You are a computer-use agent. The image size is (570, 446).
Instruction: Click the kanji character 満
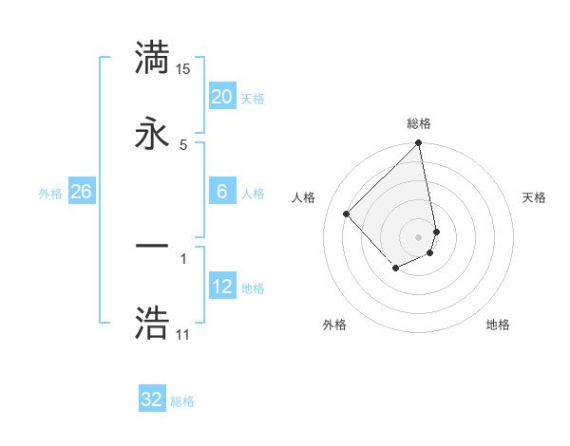pyautogui.click(x=154, y=59)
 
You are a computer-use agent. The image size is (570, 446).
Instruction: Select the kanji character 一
pyautogui.click(x=154, y=248)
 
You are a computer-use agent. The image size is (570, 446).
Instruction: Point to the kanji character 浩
pyautogui.click(x=154, y=323)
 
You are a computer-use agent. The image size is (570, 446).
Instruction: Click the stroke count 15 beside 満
pyautogui.click(x=183, y=69)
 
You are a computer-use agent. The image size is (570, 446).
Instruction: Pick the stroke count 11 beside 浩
pyautogui.click(x=183, y=335)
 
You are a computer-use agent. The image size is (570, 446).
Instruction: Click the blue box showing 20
pyautogui.click(x=221, y=96)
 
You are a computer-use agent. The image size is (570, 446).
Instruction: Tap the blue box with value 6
pyautogui.click(x=221, y=192)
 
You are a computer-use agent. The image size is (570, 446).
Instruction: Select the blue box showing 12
pyautogui.click(x=221, y=287)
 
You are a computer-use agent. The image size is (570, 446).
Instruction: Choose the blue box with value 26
pyautogui.click(x=81, y=192)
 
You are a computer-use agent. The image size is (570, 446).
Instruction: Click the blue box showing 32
pyautogui.click(x=152, y=400)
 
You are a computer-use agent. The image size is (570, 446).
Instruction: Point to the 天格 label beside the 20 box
pyautogui.click(x=253, y=98)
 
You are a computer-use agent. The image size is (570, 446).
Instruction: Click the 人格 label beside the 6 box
pyautogui.click(x=253, y=194)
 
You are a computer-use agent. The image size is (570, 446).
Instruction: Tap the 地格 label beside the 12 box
pyautogui.click(x=253, y=288)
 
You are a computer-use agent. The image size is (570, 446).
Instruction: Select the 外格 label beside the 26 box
pyautogui.click(x=50, y=194)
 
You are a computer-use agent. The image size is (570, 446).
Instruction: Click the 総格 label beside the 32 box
pyautogui.click(x=182, y=401)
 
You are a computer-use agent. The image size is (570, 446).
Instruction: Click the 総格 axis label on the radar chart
pyautogui.click(x=419, y=123)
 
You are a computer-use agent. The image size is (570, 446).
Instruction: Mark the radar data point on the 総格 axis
pyautogui.click(x=419, y=144)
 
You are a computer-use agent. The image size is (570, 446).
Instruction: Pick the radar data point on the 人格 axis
pyautogui.click(x=347, y=214)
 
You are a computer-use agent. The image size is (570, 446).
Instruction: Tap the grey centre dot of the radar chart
pyautogui.click(x=419, y=236)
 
